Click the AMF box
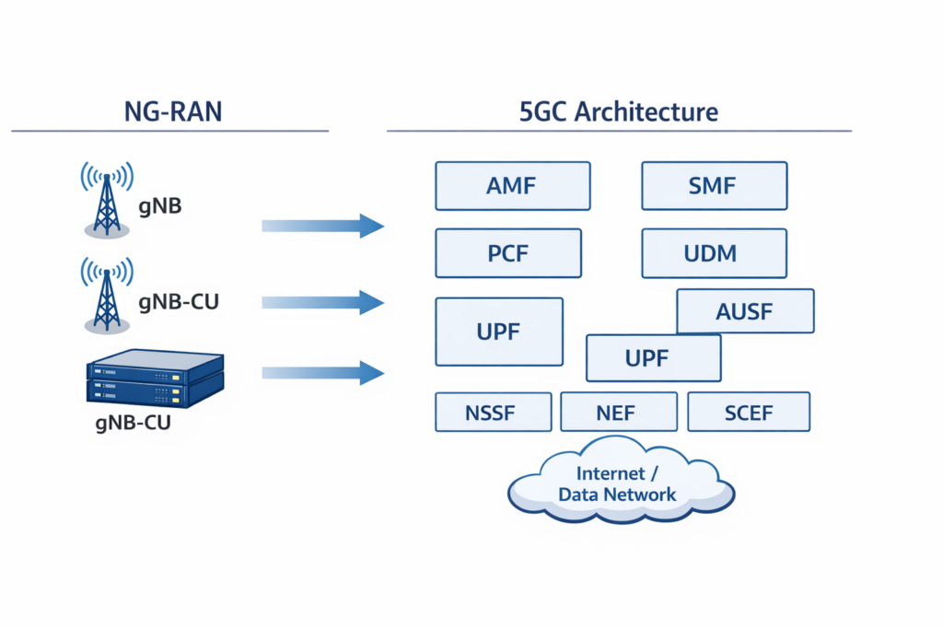point(512,186)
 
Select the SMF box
point(714,186)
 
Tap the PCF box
point(508,253)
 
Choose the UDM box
point(714,253)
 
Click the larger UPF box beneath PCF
point(498,332)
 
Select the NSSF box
point(493,412)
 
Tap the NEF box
point(618,412)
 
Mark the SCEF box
point(749,412)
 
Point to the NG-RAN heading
point(173,112)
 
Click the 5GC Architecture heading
point(618,112)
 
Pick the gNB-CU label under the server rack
point(134,425)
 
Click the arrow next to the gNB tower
point(322,226)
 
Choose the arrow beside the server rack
point(322,372)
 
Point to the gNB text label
point(160,206)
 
